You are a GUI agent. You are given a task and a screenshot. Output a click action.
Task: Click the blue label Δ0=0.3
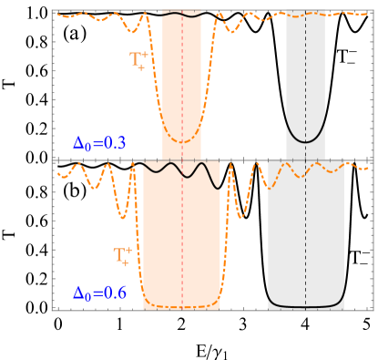(x=99, y=143)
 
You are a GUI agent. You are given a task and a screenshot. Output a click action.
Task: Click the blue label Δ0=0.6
(x=99, y=293)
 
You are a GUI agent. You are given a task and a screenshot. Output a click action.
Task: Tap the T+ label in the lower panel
(x=122, y=256)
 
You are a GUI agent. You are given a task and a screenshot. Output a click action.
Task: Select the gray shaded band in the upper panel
(x=315, y=73)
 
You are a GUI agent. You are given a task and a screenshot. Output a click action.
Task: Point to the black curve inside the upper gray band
(x=305, y=141)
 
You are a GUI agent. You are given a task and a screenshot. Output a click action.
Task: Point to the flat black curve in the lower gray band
(x=305, y=306)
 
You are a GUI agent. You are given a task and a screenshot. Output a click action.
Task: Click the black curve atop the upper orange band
(x=182, y=15)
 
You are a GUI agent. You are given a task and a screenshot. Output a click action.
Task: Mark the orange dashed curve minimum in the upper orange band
(x=182, y=142)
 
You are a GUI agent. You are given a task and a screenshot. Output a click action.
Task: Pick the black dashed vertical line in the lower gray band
(x=305, y=237)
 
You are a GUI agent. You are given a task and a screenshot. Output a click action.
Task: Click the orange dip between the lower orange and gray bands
(x=241, y=217)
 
